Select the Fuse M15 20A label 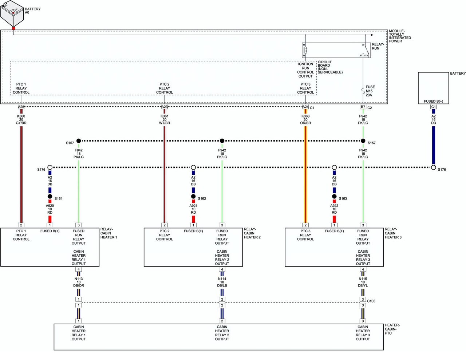(370, 91)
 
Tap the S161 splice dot (50, 197)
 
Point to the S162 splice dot (193, 197)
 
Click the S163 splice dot (334, 197)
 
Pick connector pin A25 (21, 107)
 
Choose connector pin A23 (165, 107)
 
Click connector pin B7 (363, 107)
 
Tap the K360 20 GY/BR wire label (21, 120)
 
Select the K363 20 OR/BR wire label (305, 120)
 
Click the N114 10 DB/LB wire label (222, 282)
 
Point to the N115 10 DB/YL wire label (363, 282)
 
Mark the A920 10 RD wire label (50, 209)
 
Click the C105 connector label (371, 301)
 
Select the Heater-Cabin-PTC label (392, 329)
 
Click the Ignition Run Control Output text (305, 70)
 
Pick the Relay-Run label (378, 46)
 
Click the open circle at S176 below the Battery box (433, 167)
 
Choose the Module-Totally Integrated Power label (400, 36)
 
